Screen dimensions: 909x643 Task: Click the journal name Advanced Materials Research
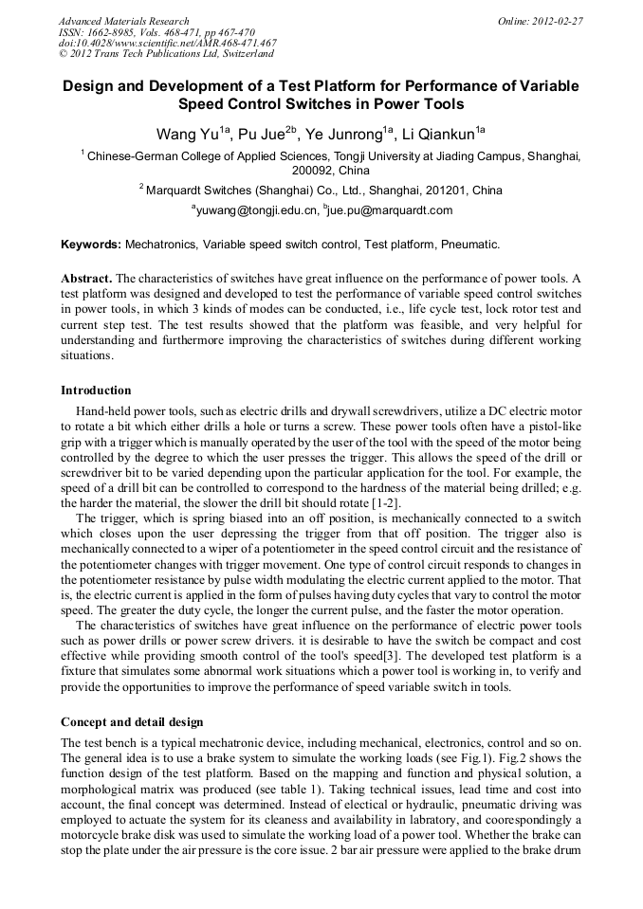click(x=123, y=21)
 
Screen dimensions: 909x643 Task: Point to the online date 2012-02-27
click(x=558, y=21)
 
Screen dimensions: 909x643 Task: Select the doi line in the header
click(x=168, y=43)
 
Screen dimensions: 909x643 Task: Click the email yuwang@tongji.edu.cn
click(x=256, y=210)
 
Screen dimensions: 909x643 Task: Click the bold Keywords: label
click(x=91, y=245)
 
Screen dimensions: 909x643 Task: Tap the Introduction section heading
click(x=96, y=391)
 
